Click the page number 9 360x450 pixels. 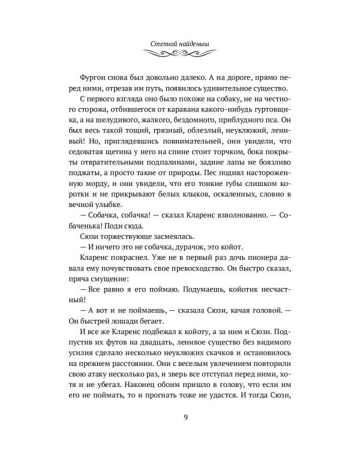180,416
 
